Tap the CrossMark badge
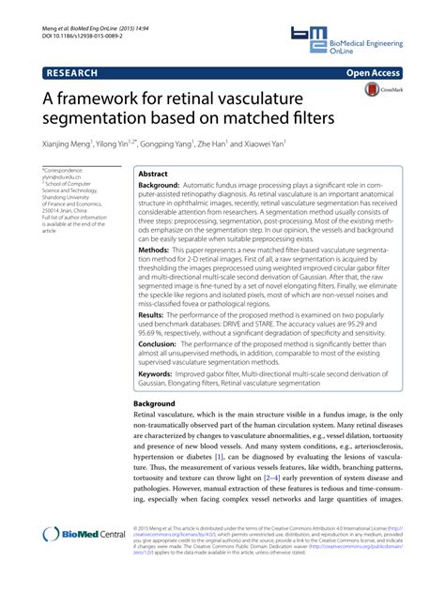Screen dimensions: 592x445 coord(376,91)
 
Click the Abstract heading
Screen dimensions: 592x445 coord(154,175)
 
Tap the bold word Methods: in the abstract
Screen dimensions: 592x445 coord(155,251)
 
